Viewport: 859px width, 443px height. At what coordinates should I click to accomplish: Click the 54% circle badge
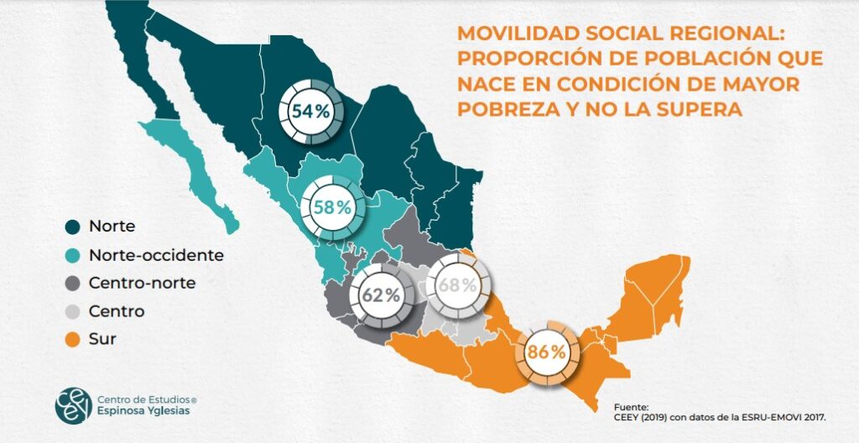coord(310,111)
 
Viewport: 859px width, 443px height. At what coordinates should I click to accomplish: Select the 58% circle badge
coord(332,207)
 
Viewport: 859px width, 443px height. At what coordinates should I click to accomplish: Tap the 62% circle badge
coord(381,295)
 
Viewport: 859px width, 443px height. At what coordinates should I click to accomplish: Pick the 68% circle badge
coord(457,284)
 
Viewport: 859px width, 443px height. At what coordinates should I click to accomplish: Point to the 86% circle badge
coord(547,352)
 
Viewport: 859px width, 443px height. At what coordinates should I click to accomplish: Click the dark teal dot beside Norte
coord(73,226)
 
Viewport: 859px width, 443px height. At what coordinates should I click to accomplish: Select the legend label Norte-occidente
coord(156,254)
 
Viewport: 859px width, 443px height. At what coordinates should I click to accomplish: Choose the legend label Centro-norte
coord(142,283)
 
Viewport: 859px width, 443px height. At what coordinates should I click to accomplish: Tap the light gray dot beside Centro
coord(73,311)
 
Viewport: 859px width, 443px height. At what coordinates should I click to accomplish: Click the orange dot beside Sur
coord(73,340)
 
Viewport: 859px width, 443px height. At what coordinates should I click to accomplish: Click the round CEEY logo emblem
coord(71,404)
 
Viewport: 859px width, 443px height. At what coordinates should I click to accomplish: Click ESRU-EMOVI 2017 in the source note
coord(778,415)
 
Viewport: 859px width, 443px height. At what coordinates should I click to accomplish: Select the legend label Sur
coord(102,340)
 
